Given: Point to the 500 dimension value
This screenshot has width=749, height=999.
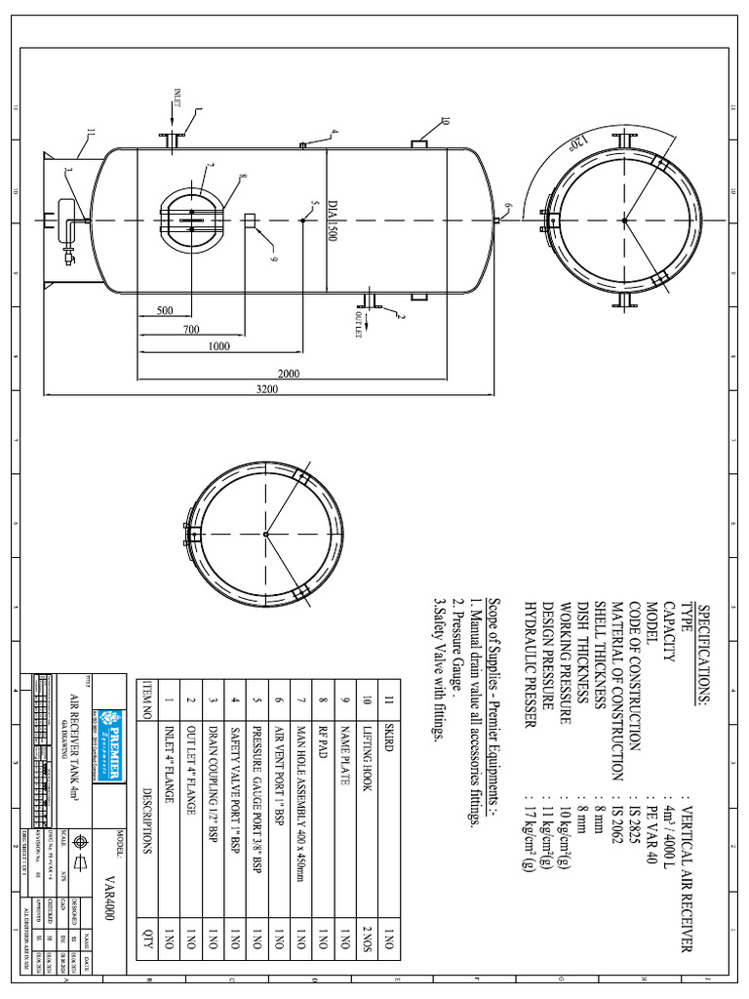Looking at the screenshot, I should coord(164,312).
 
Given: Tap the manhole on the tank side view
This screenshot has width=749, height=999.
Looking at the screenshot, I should coord(191,215).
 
